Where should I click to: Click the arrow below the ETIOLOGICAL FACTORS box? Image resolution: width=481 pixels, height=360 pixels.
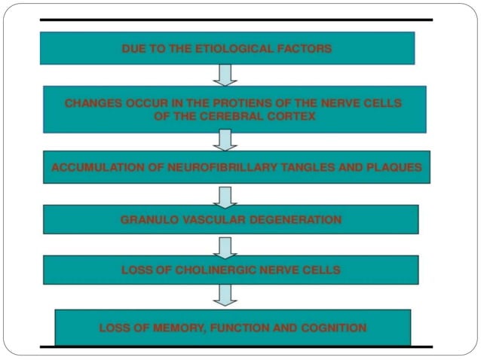click(x=225, y=74)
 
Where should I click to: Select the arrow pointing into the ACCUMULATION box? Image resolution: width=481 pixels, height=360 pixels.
click(x=225, y=140)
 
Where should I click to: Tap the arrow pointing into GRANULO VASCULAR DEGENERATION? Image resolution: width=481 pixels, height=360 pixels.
click(x=225, y=195)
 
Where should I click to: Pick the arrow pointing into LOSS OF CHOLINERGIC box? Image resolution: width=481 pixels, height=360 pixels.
click(x=225, y=246)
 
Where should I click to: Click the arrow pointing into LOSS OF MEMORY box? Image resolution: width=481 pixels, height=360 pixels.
click(x=225, y=294)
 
